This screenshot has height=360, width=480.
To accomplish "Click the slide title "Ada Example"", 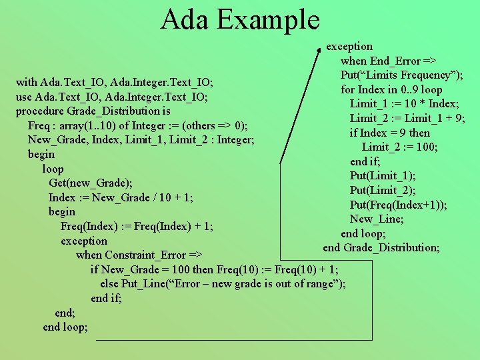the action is tap(240, 20).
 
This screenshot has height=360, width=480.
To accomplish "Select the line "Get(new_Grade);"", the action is tap(90, 183).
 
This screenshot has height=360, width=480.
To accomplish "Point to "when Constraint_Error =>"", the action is tap(139, 255).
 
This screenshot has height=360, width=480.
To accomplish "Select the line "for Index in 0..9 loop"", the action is tap(391, 89).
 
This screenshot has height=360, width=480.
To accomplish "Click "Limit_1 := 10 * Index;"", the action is tap(404, 103).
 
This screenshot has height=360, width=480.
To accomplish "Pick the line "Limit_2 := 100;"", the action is tap(400, 147).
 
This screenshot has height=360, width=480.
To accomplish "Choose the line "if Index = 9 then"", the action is tap(390, 133).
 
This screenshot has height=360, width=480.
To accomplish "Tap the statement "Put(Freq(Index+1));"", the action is tap(399, 205).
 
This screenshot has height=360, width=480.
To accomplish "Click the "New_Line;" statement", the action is tap(377, 219).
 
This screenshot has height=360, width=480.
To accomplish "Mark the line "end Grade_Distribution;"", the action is tap(381, 248).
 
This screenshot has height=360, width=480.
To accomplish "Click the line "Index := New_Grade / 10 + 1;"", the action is tap(121, 197).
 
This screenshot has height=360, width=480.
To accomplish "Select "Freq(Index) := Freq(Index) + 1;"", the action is tap(137, 226).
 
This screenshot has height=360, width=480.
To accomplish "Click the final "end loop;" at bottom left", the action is tap(65, 327).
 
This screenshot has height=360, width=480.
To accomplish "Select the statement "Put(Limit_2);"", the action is tap(383, 190).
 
